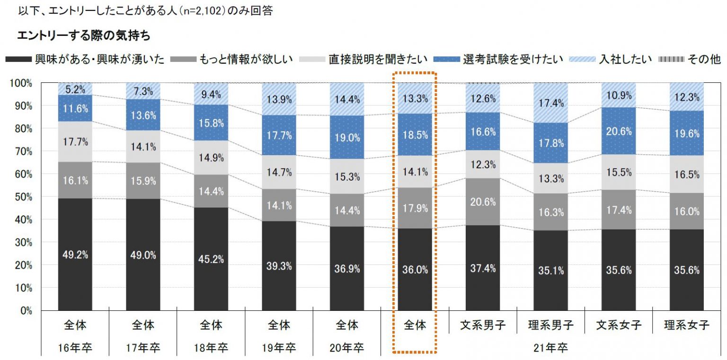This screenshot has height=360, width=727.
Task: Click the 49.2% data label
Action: (x=75, y=255)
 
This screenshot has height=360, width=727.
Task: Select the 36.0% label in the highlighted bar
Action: (x=415, y=270)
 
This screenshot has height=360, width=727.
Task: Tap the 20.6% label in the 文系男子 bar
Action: (x=483, y=202)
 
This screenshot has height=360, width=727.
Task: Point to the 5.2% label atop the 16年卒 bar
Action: (x=75, y=88)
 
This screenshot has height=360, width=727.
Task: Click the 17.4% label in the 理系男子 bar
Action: (x=550, y=102)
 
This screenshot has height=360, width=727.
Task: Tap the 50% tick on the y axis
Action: (x=22, y=197)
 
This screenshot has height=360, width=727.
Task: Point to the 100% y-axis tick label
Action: (x=20, y=83)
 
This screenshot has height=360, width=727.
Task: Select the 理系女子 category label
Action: (x=686, y=325)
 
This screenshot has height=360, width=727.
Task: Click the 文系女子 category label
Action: (x=619, y=325)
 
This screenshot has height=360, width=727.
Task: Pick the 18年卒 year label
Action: (x=211, y=348)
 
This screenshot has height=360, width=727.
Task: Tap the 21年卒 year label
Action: (x=550, y=348)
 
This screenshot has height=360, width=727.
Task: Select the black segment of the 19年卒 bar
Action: (x=279, y=265)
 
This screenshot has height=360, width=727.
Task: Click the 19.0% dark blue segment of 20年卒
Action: (x=347, y=138)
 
